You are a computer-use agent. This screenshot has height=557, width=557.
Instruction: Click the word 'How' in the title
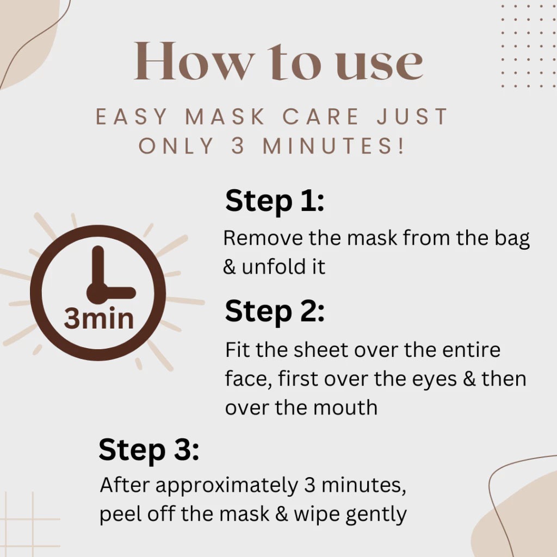point(195,61)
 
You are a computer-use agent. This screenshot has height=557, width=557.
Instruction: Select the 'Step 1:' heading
point(275,201)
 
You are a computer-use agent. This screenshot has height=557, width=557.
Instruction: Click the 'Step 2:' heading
point(275,311)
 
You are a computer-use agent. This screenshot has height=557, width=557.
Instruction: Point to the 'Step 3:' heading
point(149,450)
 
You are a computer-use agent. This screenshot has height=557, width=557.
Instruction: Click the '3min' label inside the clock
point(99,318)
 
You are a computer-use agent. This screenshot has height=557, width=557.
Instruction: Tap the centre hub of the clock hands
point(97,293)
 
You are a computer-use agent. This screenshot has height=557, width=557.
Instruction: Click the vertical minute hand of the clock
point(98,267)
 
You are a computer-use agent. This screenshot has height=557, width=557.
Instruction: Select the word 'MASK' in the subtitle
point(225,116)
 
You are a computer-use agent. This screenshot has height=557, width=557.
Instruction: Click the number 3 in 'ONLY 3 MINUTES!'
point(238,146)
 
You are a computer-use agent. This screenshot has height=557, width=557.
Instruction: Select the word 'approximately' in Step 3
point(227,486)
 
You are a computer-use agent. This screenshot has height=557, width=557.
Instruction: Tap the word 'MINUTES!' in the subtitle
point(333,146)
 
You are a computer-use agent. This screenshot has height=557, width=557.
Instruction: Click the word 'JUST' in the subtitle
point(412,116)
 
